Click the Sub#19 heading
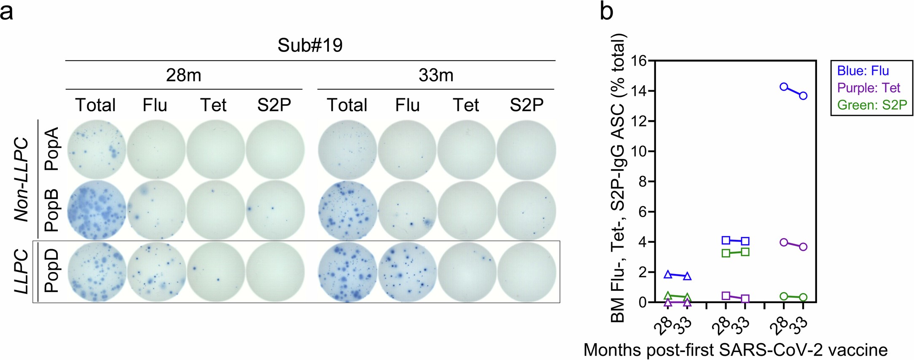point(310,45)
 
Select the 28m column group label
point(183,75)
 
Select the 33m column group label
point(436,75)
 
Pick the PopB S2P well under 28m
point(275,210)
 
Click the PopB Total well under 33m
point(348,210)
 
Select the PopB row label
point(52,210)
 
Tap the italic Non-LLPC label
point(21,180)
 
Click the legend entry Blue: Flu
point(863,71)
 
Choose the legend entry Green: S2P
point(872,105)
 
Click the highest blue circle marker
point(784,87)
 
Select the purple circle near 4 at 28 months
point(784,242)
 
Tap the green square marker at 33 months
point(745,252)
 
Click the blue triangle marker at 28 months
point(668,275)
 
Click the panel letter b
point(606,12)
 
